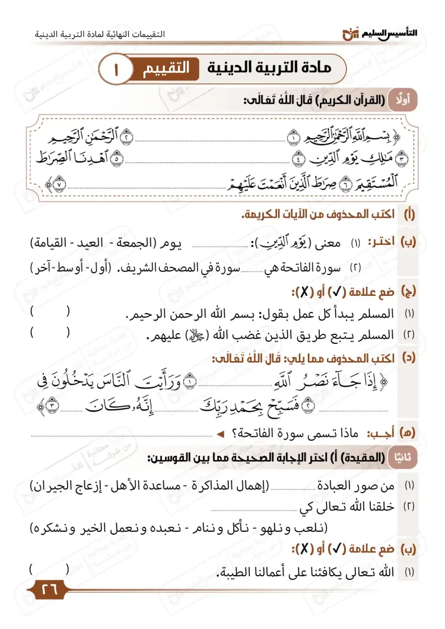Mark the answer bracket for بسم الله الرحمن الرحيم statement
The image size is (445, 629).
click(x=50, y=312)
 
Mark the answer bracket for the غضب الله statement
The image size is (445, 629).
click(x=50, y=333)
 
